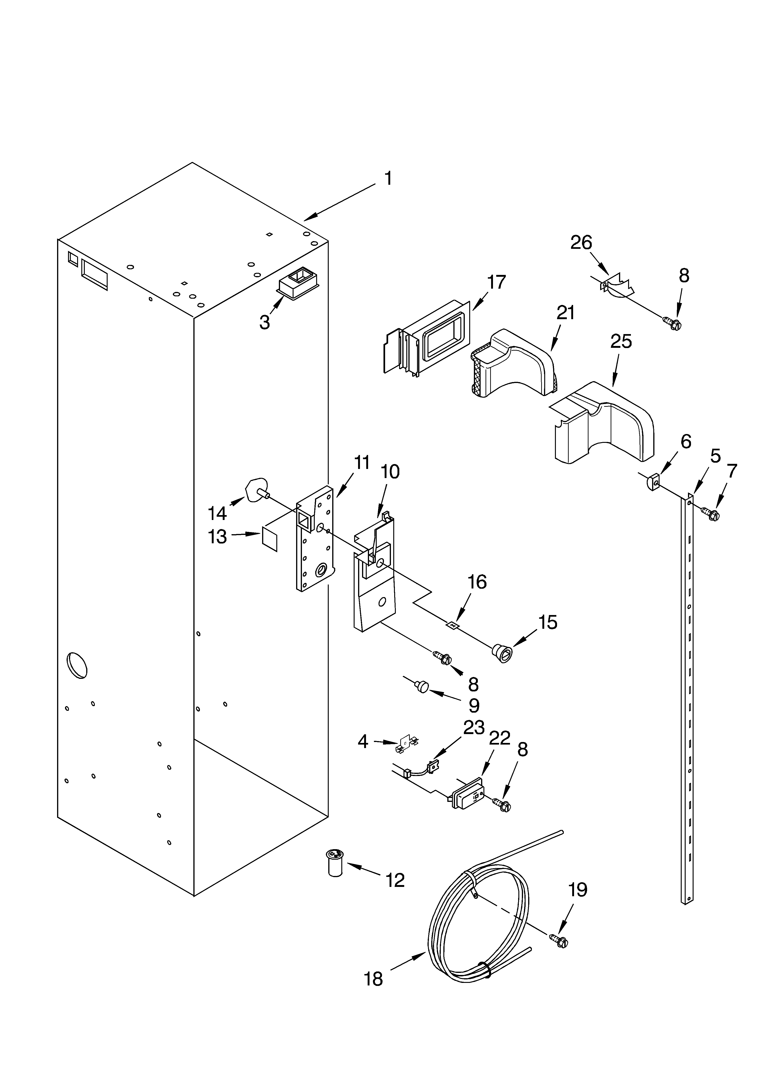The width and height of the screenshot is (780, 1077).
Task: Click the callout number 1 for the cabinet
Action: coord(388,178)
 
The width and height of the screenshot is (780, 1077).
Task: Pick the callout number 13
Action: coord(218,537)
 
